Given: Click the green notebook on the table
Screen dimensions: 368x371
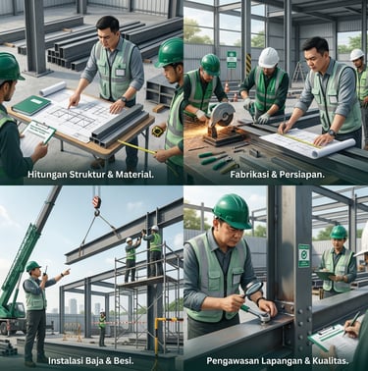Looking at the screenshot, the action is [x=31, y=105].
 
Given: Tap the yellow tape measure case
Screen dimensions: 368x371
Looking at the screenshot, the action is [x=158, y=131].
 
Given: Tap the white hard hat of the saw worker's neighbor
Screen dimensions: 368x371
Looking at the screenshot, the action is [x=269, y=58].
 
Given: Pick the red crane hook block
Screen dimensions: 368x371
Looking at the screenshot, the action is [x=96, y=202].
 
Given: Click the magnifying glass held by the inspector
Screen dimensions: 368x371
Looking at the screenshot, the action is [x=253, y=290].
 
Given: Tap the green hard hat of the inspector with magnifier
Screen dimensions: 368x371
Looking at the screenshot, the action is [x=233, y=211].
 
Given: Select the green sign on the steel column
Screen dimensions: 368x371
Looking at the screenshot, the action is [x=304, y=255].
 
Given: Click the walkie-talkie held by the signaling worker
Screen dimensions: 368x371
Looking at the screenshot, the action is [x=45, y=271].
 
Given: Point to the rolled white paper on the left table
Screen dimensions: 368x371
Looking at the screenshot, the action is [x=53, y=89].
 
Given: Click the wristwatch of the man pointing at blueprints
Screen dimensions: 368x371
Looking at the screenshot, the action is [x=124, y=99].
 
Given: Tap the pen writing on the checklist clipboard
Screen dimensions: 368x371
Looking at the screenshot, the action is [x=351, y=324].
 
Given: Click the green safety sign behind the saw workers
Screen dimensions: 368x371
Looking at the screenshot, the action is [x=232, y=60].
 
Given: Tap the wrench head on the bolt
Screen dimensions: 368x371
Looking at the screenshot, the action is [x=264, y=318].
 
